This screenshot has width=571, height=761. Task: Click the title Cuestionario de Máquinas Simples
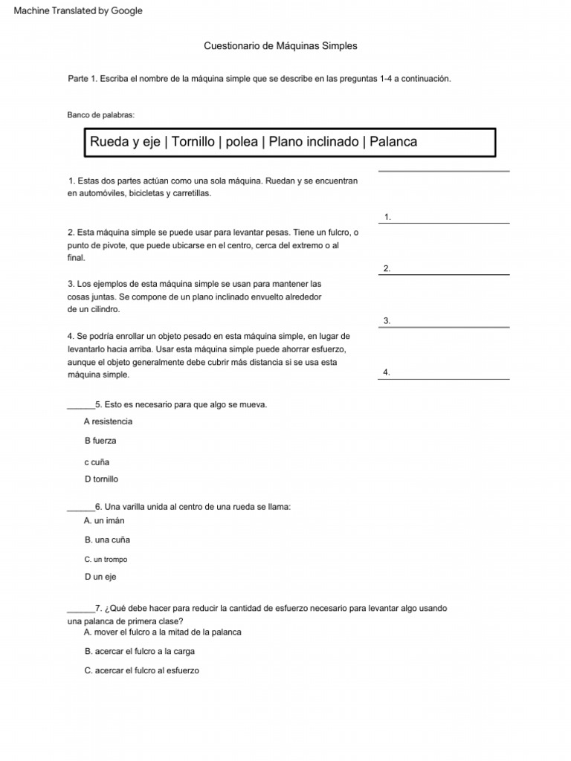click(x=280, y=46)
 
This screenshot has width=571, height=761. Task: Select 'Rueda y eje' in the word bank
click(x=124, y=142)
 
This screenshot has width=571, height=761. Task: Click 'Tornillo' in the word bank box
click(x=193, y=142)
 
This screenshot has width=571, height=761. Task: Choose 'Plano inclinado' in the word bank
click(x=313, y=142)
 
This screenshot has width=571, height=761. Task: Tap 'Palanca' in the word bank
click(x=393, y=142)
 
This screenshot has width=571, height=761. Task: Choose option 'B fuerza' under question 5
click(x=100, y=441)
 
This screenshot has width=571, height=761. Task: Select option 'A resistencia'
click(x=109, y=421)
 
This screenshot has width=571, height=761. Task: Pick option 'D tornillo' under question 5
click(x=101, y=479)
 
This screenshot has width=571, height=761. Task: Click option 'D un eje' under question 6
click(x=100, y=577)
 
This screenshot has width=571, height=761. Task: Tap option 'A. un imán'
click(x=104, y=521)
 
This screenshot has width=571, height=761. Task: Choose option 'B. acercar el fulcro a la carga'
click(x=140, y=651)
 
